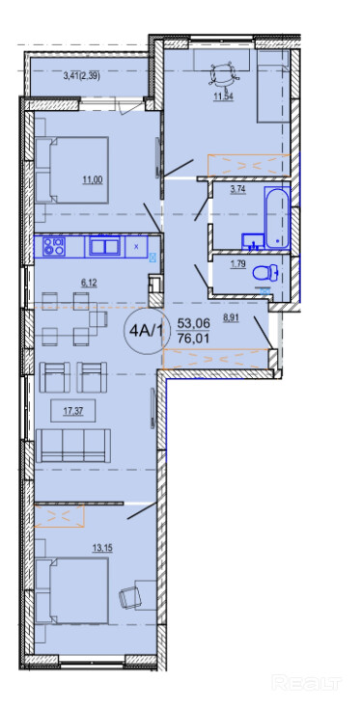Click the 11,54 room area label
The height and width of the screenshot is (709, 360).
pos(225,96)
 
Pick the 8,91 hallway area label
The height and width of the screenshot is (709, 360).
pos(231,317)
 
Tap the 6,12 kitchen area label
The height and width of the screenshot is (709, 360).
pos(89,283)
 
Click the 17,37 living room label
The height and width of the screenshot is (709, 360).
pos(72,411)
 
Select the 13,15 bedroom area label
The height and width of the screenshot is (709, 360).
pos(102,548)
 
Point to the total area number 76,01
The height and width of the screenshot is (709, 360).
pos(194,339)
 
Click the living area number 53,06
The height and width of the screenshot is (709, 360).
pos(194,323)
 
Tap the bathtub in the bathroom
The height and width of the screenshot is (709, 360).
pos(277,218)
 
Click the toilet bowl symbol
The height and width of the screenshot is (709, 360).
pos(264,274)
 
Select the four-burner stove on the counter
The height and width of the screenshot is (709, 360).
pos(54,246)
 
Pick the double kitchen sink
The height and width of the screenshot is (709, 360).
pos(105,246)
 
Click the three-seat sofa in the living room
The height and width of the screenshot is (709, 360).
pos(73,446)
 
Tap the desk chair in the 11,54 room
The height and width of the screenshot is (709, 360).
pos(223,73)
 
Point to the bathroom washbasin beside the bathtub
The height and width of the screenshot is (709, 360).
pos(253,241)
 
